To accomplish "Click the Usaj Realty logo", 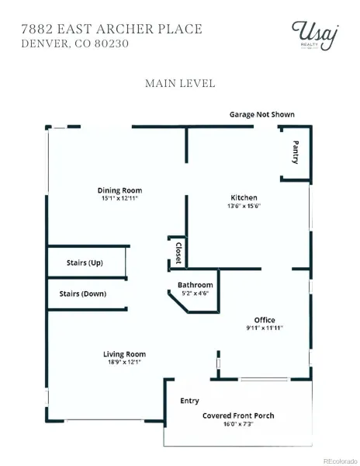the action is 314,36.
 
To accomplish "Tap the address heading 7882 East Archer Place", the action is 112,30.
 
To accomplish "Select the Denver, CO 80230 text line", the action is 74,43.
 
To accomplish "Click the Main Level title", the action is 180,83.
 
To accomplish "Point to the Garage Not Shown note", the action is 262,114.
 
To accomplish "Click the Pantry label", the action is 296,152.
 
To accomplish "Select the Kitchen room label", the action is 244,197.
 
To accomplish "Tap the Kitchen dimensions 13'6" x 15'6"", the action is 244,206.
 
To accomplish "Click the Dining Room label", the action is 120,190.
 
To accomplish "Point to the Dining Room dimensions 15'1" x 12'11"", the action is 120,198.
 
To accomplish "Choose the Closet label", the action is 178,253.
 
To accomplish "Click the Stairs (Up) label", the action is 85,263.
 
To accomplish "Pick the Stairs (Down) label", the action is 83,294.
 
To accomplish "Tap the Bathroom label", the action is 196,285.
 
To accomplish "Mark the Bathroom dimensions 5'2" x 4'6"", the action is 196,293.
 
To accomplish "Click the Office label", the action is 265,320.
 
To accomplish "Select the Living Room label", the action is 124,354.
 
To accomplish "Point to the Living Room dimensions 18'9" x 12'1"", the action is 124,362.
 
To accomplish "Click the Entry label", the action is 189,401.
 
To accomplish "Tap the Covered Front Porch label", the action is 238,416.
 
